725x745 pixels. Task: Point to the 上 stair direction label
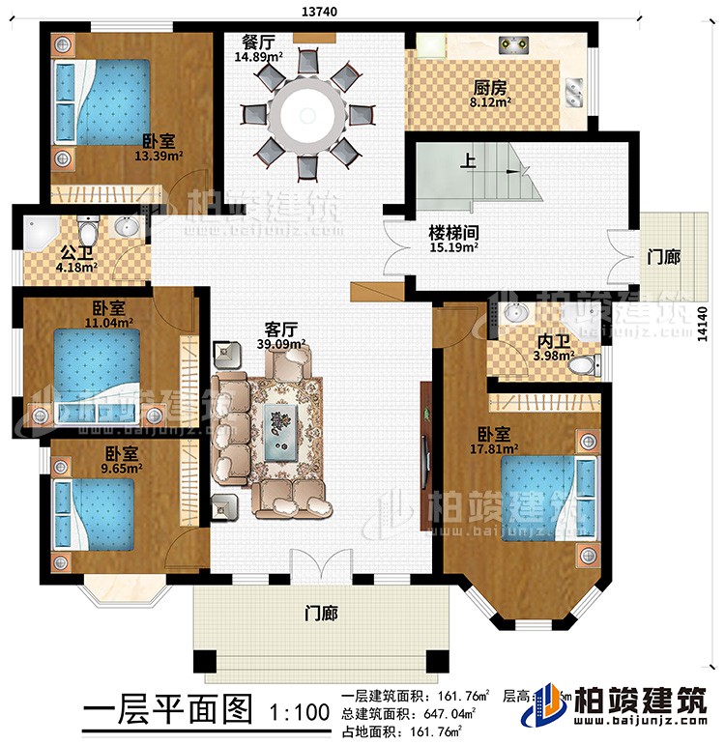click(x=468, y=163)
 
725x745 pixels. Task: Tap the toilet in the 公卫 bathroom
click(x=89, y=231)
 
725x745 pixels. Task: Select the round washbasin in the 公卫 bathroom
click(x=127, y=228)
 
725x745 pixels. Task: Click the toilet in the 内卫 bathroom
click(x=584, y=365)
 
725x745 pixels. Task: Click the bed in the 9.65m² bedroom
click(x=97, y=513)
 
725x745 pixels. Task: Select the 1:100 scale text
click(x=295, y=713)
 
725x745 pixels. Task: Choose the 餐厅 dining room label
click(x=258, y=43)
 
